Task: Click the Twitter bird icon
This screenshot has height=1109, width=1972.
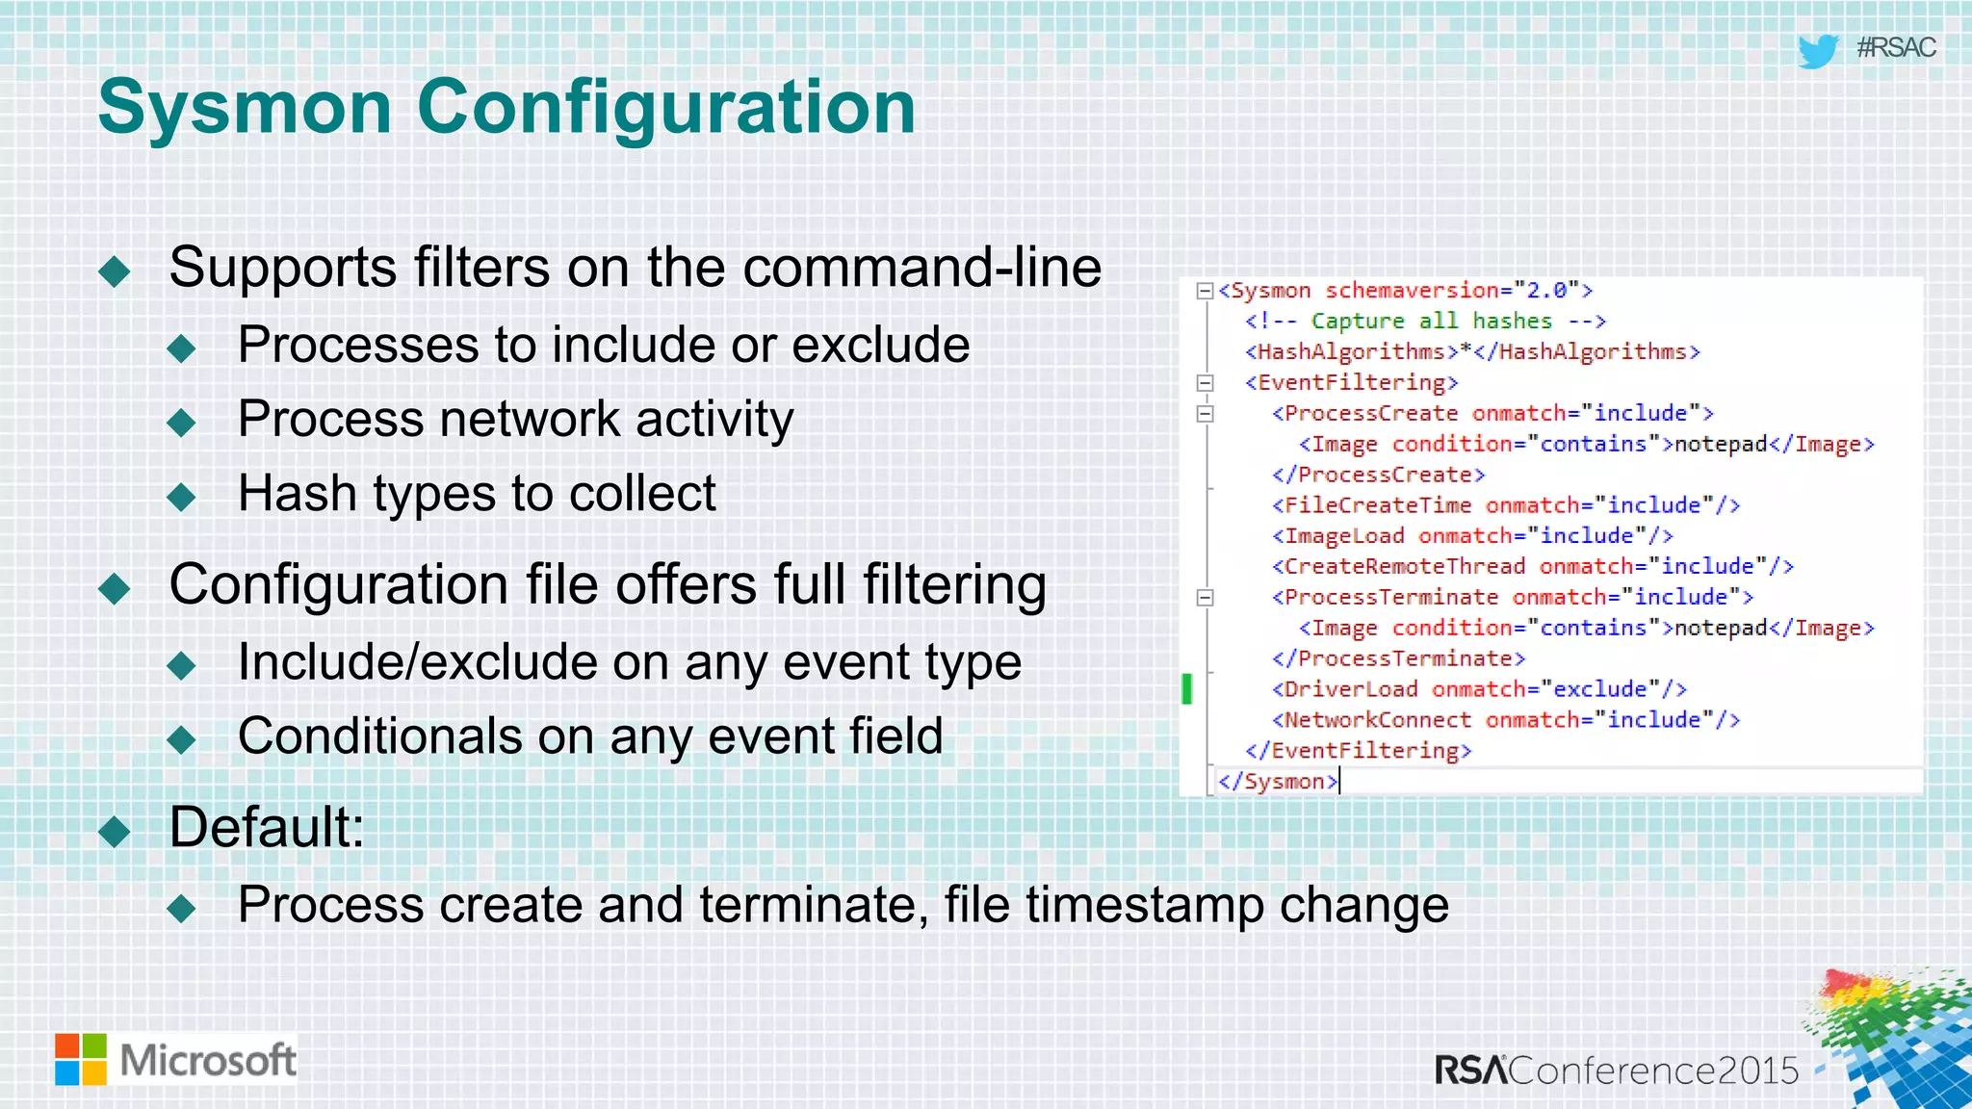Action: [1818, 50]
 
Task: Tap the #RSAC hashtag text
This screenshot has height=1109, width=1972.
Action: [1895, 47]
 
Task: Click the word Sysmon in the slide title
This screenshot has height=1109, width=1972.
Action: [245, 108]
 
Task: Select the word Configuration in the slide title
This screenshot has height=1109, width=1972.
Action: [666, 108]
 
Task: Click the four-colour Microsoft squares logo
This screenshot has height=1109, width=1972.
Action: [81, 1060]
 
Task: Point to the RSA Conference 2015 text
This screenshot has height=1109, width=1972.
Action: [1617, 1070]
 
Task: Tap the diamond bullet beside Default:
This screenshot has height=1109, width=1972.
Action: [115, 830]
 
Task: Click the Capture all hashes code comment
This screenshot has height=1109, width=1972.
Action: [1425, 322]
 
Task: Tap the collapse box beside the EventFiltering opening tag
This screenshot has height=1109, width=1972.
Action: [1205, 383]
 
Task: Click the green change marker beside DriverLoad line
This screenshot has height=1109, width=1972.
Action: [1187, 688]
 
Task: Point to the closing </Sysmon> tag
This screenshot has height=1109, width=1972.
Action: [1278, 781]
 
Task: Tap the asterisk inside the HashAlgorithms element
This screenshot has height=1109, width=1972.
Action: [1466, 350]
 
